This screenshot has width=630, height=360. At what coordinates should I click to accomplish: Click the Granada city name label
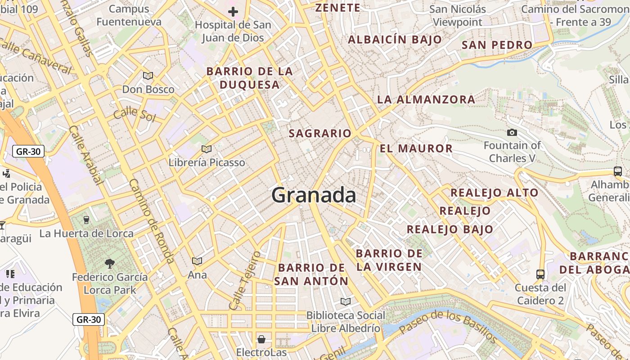314,195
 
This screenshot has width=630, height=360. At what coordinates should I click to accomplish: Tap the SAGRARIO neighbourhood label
320,133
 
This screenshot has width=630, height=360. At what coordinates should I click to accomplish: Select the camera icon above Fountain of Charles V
512,132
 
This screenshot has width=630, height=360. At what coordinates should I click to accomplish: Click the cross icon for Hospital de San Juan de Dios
233,12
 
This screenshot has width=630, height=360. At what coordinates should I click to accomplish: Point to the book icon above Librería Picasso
207,149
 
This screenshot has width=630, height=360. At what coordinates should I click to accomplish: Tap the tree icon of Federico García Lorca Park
109,263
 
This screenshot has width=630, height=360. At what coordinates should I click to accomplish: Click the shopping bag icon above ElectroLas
261,339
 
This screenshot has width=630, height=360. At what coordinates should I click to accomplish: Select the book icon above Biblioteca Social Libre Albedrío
346,301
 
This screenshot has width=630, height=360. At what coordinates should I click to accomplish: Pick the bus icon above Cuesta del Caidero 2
540,274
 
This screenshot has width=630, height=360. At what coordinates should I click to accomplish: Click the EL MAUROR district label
416,148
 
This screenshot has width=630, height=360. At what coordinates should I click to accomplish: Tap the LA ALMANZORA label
426,99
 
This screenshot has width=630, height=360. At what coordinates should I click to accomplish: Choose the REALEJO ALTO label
495,193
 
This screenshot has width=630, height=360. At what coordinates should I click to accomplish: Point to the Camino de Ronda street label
151,220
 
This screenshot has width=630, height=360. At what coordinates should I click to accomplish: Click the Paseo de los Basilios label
448,327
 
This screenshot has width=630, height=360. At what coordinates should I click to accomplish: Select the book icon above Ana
197,261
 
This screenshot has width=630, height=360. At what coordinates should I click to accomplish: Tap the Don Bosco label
148,89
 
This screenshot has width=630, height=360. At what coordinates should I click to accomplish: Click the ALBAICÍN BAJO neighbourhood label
395,40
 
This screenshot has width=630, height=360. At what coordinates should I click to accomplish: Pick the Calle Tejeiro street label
245,281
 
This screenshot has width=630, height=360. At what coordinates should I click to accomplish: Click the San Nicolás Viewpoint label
457,15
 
